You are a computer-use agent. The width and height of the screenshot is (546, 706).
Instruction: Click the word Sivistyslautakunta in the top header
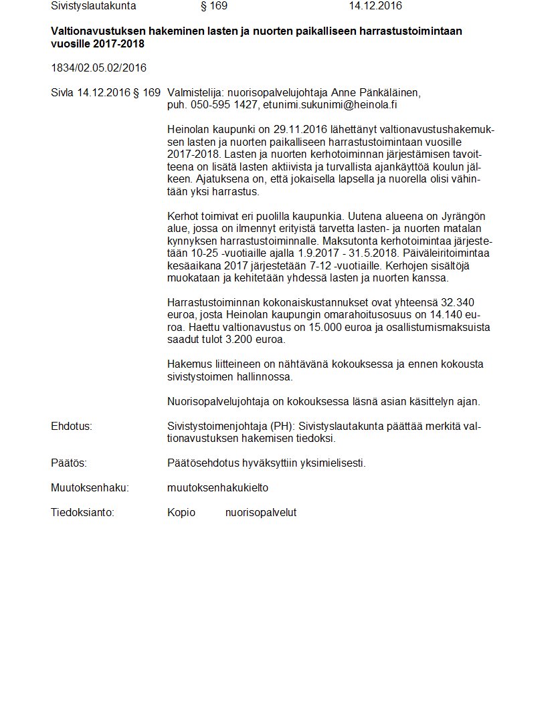click(x=93, y=6)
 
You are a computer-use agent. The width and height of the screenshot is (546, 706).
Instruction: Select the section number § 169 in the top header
click(x=214, y=6)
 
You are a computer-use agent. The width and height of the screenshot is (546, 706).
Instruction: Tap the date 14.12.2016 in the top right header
click(x=375, y=6)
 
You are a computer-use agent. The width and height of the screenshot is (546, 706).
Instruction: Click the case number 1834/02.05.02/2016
click(x=98, y=68)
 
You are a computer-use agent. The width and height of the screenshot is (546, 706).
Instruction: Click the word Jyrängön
click(x=462, y=217)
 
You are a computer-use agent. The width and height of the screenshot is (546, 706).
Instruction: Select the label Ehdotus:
click(x=71, y=427)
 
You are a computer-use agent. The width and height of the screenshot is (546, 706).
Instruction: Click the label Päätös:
click(x=69, y=463)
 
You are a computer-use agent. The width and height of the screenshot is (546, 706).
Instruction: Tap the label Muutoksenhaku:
click(x=90, y=488)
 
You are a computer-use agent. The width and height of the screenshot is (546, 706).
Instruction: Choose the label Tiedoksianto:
click(x=82, y=513)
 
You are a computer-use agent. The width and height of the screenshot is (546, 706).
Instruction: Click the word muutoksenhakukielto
click(x=217, y=488)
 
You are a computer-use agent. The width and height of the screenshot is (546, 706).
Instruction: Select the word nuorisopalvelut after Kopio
click(x=260, y=513)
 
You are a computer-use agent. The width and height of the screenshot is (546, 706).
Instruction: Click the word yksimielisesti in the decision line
click(x=333, y=463)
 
